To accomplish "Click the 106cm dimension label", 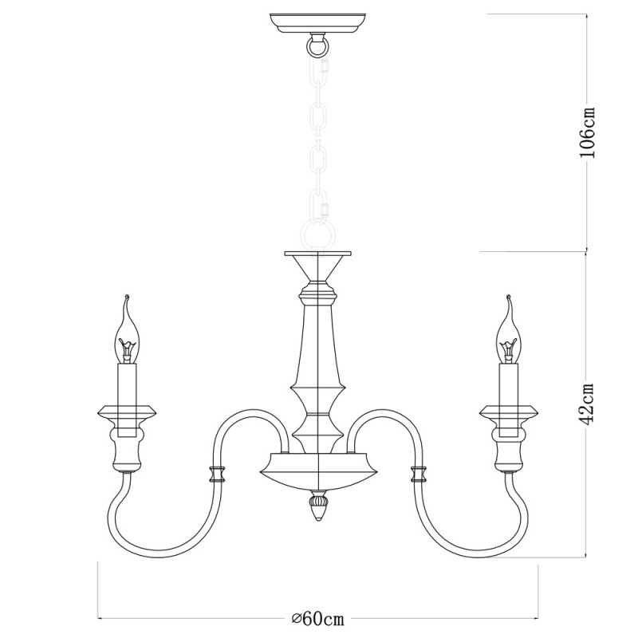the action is click(x=587, y=132).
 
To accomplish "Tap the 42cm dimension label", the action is click(x=587, y=404).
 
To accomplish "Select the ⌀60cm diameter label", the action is click(x=318, y=619).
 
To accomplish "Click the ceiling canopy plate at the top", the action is click(x=317, y=23).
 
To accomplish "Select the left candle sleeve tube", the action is click(x=127, y=400).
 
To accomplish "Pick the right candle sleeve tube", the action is click(x=509, y=400).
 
